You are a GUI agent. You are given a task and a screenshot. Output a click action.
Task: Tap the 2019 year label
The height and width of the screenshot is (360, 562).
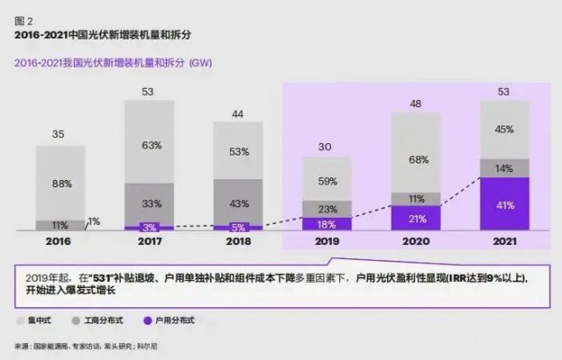327,241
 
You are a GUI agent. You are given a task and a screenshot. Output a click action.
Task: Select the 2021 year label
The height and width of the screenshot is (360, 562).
504,241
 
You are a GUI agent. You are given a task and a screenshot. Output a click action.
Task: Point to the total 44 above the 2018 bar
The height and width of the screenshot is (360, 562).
238,113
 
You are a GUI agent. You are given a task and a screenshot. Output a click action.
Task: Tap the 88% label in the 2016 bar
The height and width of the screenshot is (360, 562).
61,183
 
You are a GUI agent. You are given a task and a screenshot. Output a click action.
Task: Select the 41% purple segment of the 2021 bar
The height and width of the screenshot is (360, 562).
504,205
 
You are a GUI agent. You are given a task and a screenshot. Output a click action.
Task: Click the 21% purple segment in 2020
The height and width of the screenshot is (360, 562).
415,218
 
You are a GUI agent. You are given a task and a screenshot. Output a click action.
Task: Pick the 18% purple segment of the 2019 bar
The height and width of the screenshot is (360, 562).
327,224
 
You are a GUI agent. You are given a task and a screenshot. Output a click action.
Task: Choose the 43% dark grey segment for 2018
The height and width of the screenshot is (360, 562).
238,204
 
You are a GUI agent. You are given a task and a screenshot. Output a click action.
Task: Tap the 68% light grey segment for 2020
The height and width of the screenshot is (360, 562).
415,160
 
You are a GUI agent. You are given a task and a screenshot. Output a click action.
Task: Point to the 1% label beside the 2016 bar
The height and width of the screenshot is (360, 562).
94,220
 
